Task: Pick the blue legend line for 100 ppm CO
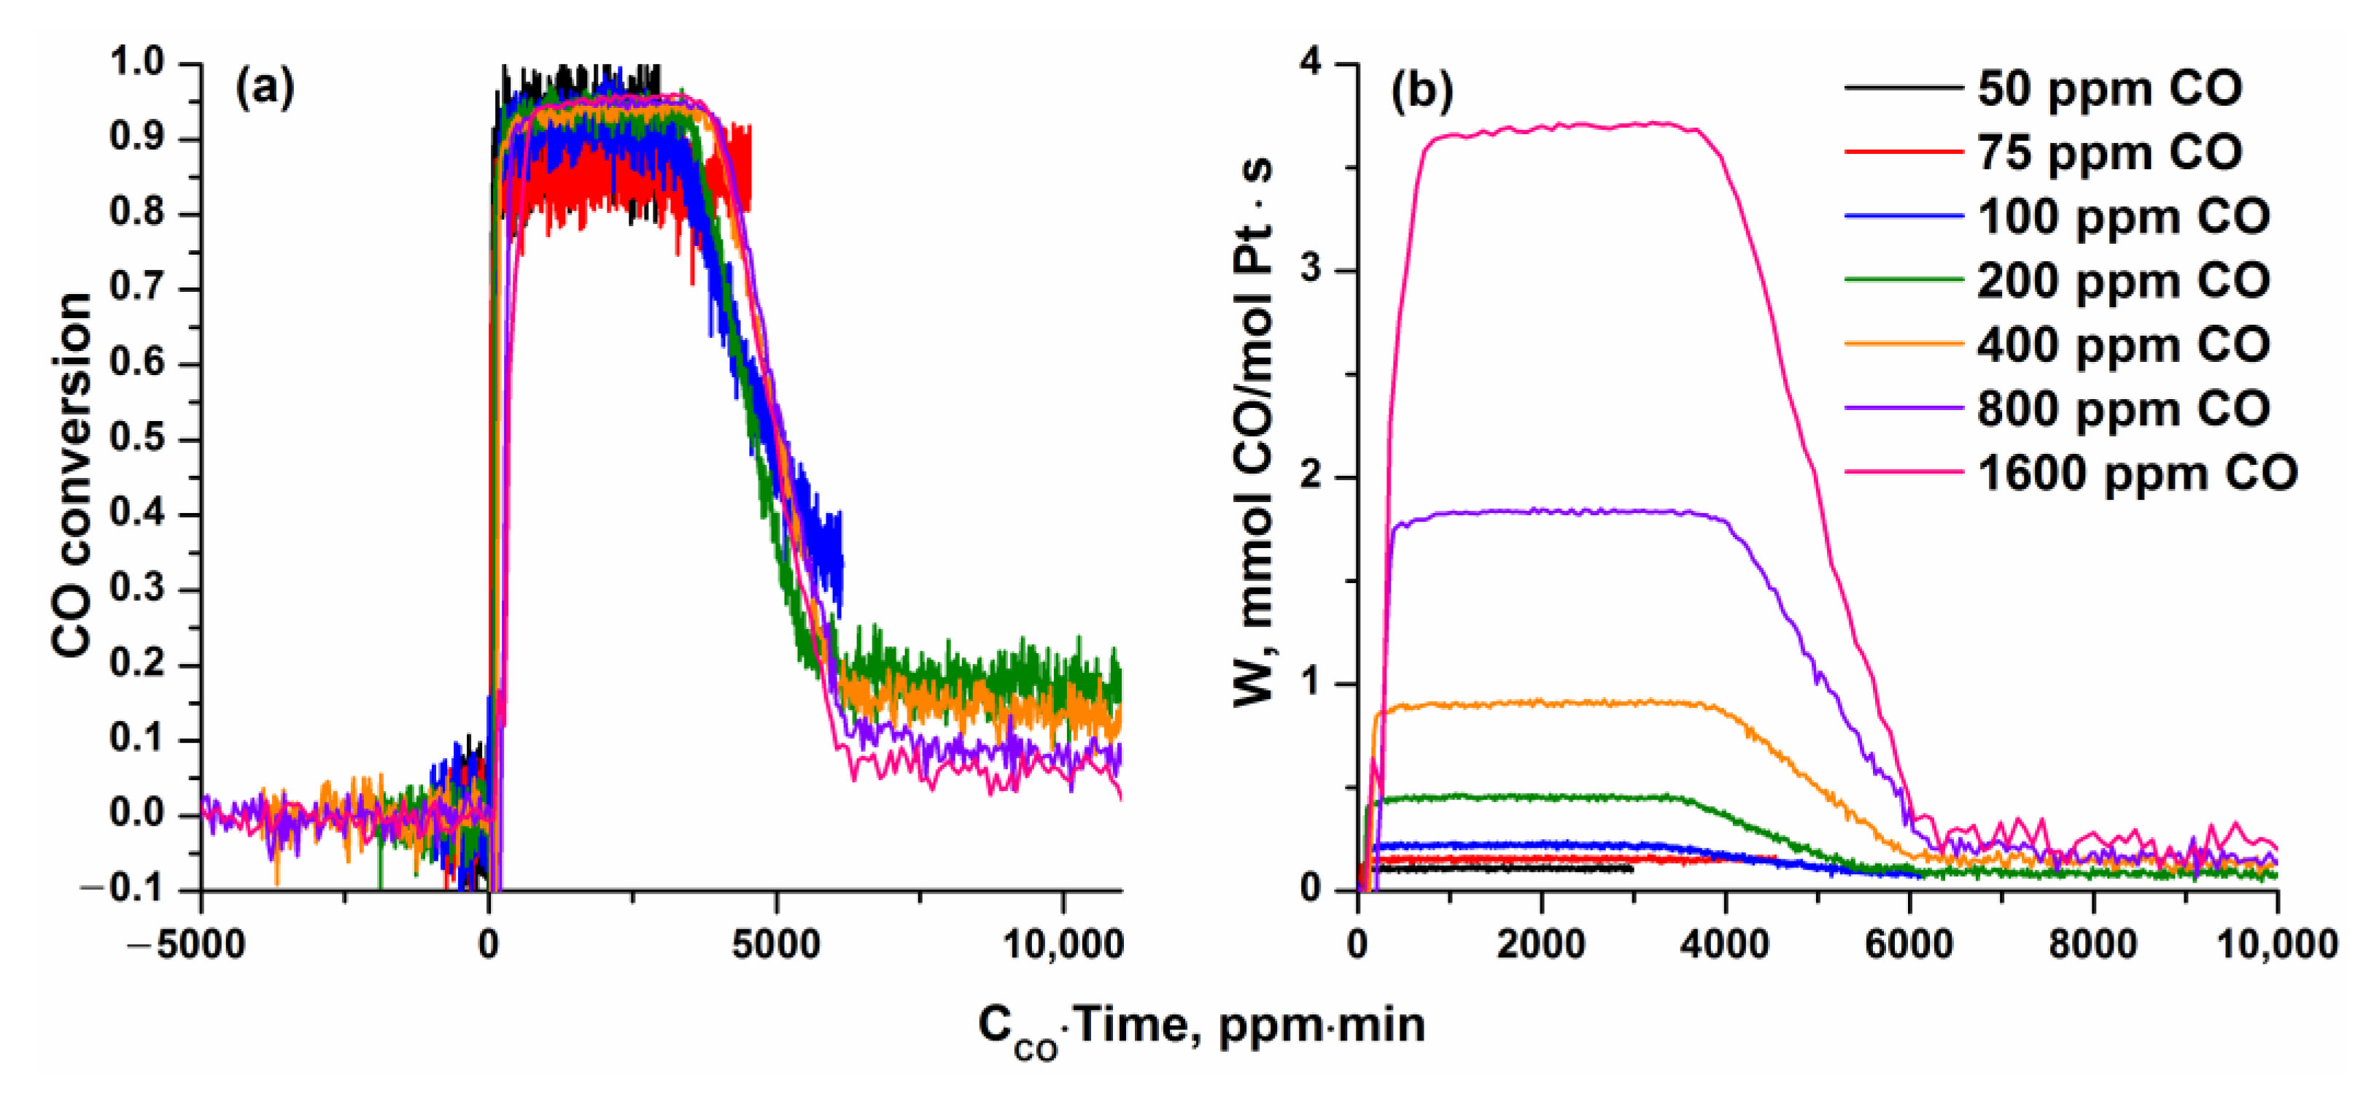1903,217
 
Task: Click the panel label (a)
265,89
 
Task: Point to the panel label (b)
1421,92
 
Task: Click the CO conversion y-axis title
71,475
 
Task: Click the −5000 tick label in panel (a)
199,944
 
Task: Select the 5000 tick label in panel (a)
775,944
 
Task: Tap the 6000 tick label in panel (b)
1909,944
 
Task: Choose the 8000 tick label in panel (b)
2093,944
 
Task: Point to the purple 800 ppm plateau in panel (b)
1562,511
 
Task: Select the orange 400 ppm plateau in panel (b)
1562,703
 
